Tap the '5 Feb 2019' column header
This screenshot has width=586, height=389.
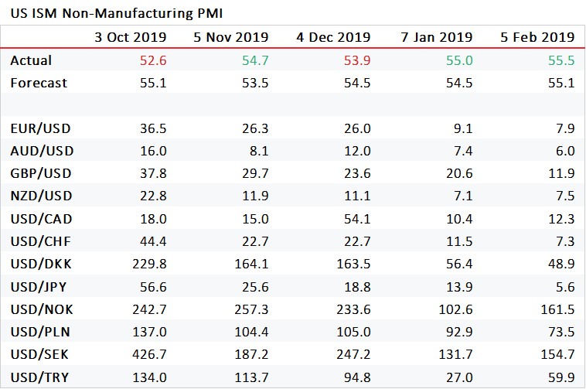(x=539, y=37)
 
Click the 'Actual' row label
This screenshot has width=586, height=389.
(x=31, y=60)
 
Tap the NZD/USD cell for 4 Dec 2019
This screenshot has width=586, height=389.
(x=356, y=196)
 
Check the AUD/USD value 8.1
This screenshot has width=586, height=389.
(x=257, y=152)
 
